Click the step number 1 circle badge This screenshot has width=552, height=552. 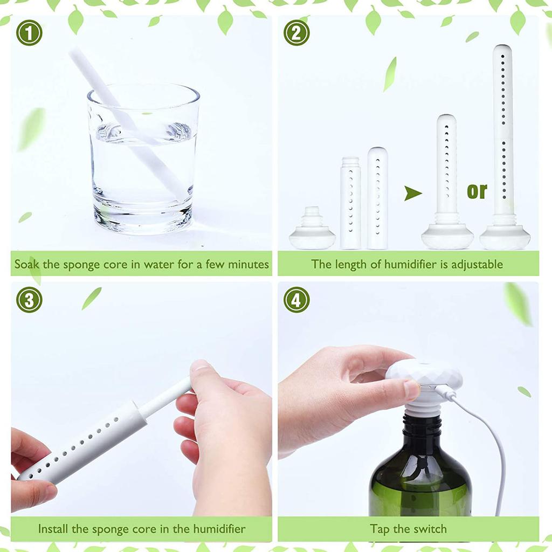[x=29, y=33]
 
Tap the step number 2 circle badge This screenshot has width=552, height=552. [x=296, y=33]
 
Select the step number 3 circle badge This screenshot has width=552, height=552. [x=29, y=300]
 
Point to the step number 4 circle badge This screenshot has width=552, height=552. [x=296, y=300]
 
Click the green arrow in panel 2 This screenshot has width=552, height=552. [x=413, y=193]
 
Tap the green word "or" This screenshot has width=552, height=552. [x=477, y=190]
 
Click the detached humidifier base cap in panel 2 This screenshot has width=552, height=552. [x=312, y=231]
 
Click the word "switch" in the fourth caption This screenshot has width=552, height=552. [x=429, y=529]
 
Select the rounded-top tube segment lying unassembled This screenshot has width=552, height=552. [x=377, y=198]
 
